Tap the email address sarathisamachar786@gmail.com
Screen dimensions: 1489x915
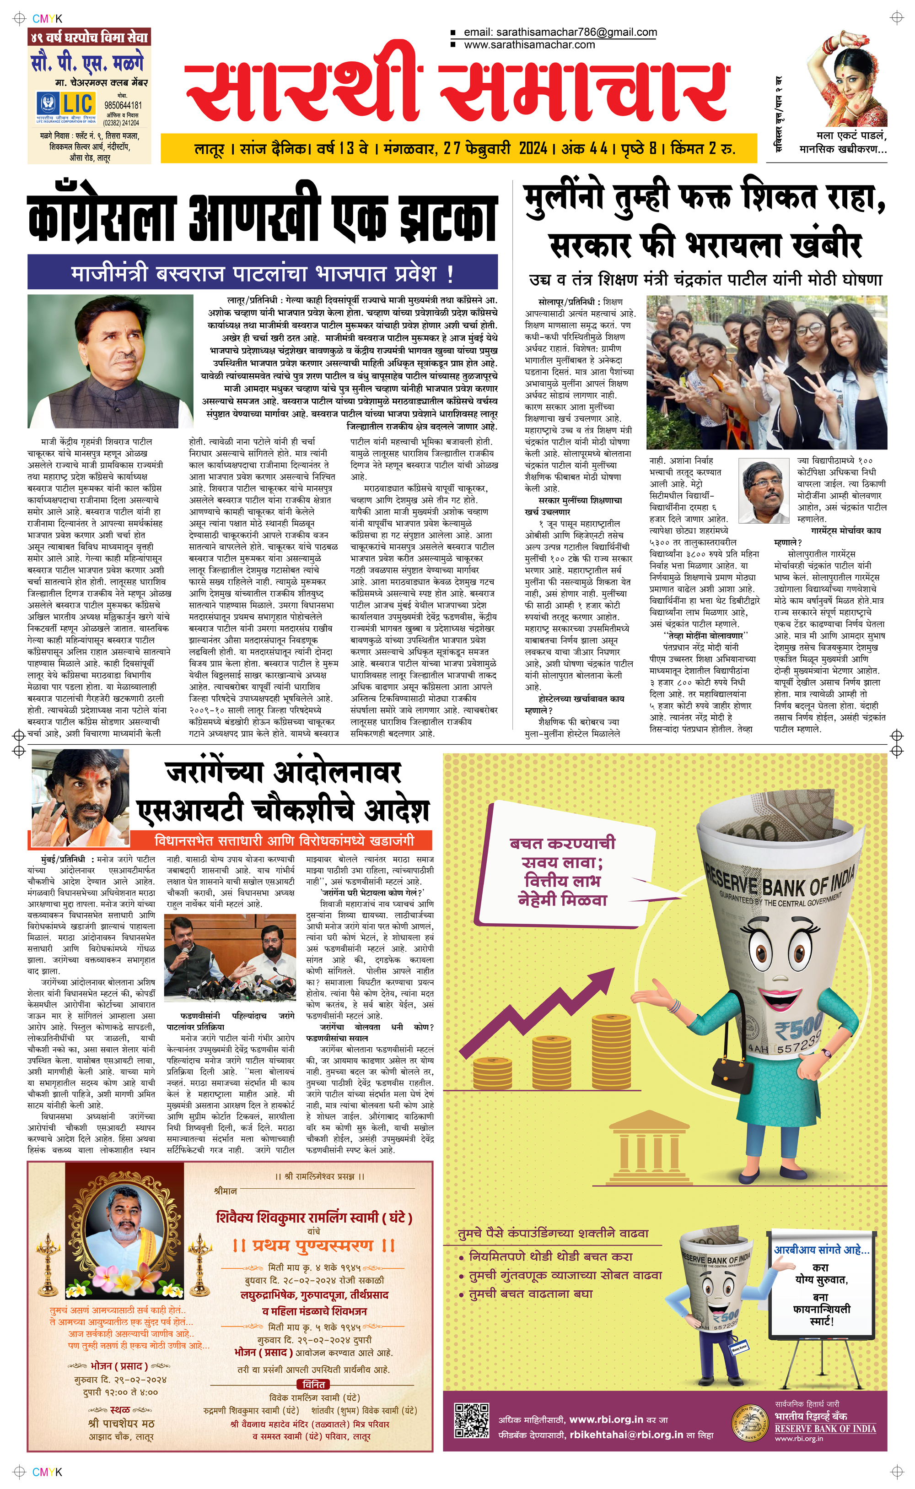pos(560,32)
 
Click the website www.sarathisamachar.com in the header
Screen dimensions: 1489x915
pos(529,45)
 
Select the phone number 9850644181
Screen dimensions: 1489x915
pos(124,105)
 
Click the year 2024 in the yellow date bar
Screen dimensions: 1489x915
pos(533,148)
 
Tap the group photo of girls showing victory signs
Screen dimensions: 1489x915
pos(766,372)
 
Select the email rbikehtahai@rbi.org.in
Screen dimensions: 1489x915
pos(626,1434)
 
